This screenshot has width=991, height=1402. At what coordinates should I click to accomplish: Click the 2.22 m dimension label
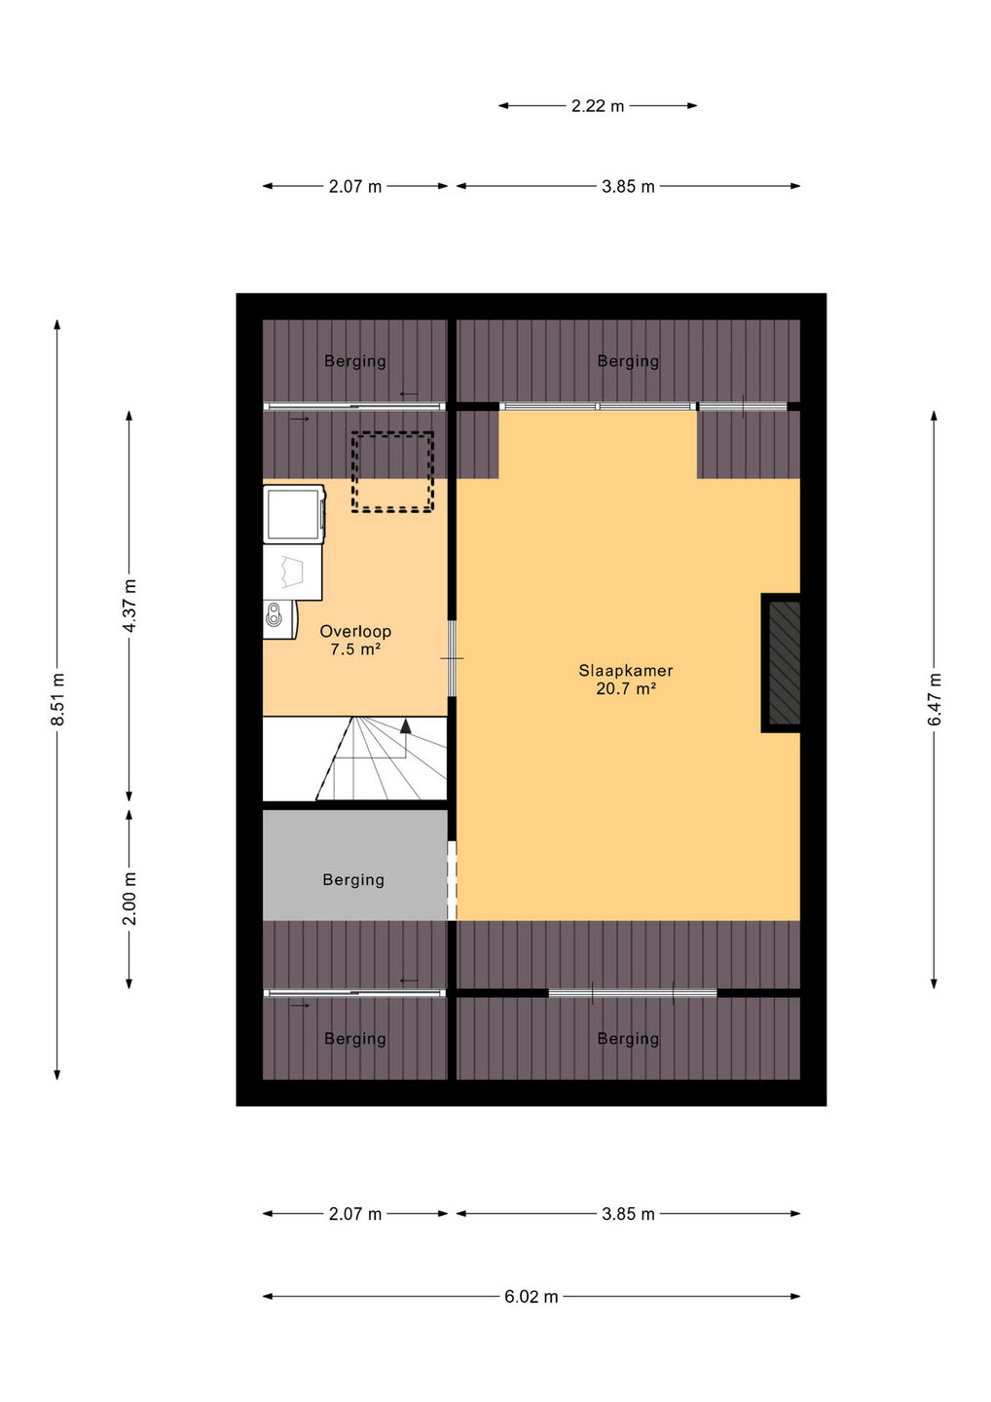(x=598, y=106)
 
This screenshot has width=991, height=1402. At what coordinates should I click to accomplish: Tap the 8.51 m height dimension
(x=57, y=699)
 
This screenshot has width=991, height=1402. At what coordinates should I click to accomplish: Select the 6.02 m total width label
(x=532, y=1296)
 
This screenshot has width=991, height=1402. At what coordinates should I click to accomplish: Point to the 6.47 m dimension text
(x=934, y=699)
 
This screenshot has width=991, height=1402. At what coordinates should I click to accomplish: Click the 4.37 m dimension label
(x=129, y=606)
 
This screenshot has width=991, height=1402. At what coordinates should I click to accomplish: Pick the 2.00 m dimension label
(x=129, y=899)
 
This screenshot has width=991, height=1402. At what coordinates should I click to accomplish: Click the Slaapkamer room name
(x=626, y=670)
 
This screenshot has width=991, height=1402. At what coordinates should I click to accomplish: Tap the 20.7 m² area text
(x=626, y=689)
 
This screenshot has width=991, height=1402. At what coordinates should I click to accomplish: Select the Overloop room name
(x=355, y=631)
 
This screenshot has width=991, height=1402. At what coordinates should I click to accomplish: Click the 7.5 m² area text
(x=355, y=649)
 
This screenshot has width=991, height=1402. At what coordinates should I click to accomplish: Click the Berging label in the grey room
(x=353, y=879)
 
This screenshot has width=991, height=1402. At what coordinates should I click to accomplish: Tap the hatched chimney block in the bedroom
(x=784, y=662)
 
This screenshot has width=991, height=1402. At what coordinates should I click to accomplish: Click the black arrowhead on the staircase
(x=405, y=726)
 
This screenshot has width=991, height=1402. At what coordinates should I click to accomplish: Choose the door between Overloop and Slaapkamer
(x=453, y=658)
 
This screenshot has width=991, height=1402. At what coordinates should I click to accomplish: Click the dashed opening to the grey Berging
(x=453, y=880)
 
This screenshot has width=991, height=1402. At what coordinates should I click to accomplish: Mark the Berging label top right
(x=628, y=360)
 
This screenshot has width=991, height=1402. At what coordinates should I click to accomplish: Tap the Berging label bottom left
(x=354, y=1038)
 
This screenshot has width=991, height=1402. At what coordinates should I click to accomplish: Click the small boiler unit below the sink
(x=279, y=619)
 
